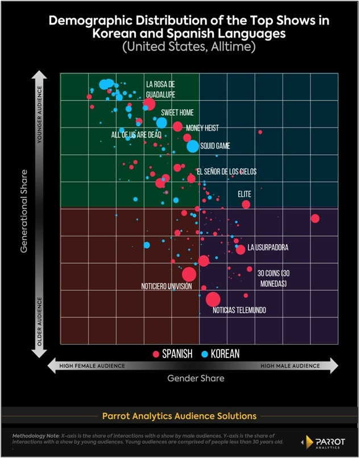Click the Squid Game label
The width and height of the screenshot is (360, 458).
click(x=215, y=146)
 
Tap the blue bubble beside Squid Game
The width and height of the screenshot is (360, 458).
click(x=193, y=146)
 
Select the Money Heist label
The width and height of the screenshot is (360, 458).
click(x=202, y=129)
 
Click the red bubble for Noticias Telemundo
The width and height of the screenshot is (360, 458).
click(x=213, y=299)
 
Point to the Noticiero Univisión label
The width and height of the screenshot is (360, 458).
click(x=166, y=287)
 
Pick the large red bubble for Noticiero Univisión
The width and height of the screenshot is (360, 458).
click(x=189, y=274)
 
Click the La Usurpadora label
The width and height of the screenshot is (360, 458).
click(x=268, y=248)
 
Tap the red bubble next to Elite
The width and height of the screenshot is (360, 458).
click(x=246, y=204)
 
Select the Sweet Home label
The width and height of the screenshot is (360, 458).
click(x=177, y=113)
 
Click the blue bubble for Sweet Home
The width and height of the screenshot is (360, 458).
click(x=162, y=122)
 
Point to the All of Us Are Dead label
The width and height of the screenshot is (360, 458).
click(x=136, y=135)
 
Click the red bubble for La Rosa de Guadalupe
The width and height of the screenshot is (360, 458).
click(x=149, y=104)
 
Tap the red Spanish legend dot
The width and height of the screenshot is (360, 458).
click(x=155, y=354)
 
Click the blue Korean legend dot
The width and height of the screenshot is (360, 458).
click(x=205, y=354)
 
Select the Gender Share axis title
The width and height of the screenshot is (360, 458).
click(x=196, y=378)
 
